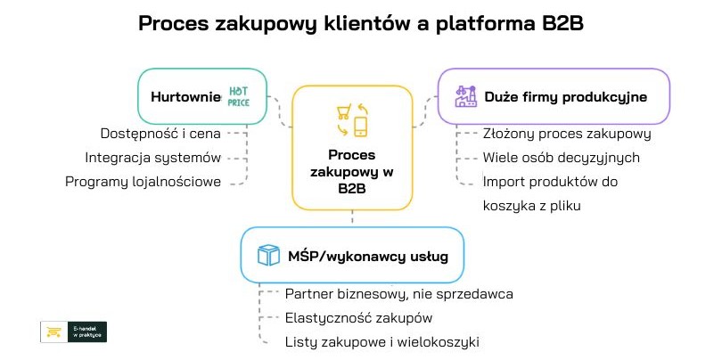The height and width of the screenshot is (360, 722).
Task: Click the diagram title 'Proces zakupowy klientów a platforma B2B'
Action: coord(360,23)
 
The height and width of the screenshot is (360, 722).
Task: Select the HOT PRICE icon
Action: coord(238,96)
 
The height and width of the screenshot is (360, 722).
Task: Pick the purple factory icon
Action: coord(464,96)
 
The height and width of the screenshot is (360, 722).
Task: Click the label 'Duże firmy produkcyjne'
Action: coord(565,96)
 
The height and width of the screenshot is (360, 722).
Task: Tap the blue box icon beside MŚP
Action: coord(267,257)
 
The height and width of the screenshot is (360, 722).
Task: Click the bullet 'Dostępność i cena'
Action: coord(160,134)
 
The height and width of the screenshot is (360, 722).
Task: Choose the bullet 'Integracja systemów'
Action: coord(152,158)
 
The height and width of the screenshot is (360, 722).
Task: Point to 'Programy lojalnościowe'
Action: coord(143,182)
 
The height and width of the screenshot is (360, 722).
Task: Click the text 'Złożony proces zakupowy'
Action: coord(567,134)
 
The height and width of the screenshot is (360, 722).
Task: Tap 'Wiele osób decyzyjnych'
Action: coord(561,158)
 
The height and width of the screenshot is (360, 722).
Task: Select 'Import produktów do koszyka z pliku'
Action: coord(550,193)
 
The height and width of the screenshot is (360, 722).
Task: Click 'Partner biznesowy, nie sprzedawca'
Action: coord(398,293)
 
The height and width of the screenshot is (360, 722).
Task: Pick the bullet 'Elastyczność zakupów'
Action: coord(358,317)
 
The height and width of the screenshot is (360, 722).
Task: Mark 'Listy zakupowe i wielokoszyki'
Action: coord(387,341)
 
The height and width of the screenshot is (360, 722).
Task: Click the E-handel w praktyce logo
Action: coord(73,332)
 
